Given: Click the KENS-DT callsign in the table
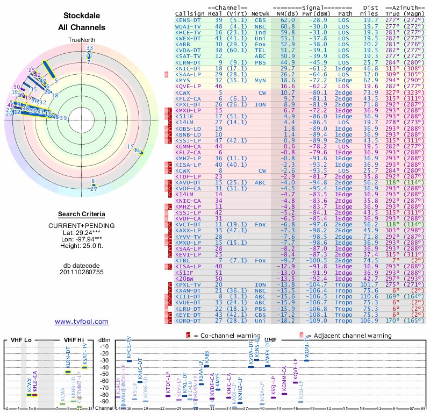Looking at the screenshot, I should click(x=188, y=20).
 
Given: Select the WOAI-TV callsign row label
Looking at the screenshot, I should click(x=188, y=26).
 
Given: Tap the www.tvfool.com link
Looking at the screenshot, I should click(x=82, y=322).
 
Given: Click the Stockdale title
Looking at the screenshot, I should click(x=82, y=16).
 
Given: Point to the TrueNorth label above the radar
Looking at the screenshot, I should click(x=82, y=40).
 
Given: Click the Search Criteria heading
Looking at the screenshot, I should click(x=82, y=214).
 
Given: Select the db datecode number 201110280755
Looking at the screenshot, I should click(x=82, y=272).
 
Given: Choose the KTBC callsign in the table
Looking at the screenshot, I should click(x=183, y=260).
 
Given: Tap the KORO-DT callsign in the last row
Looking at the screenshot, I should click(x=188, y=321).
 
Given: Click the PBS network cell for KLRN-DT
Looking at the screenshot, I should click(x=261, y=62).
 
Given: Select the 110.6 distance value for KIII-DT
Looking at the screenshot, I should click(x=369, y=296).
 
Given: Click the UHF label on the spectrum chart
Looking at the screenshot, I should click(x=271, y=340).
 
